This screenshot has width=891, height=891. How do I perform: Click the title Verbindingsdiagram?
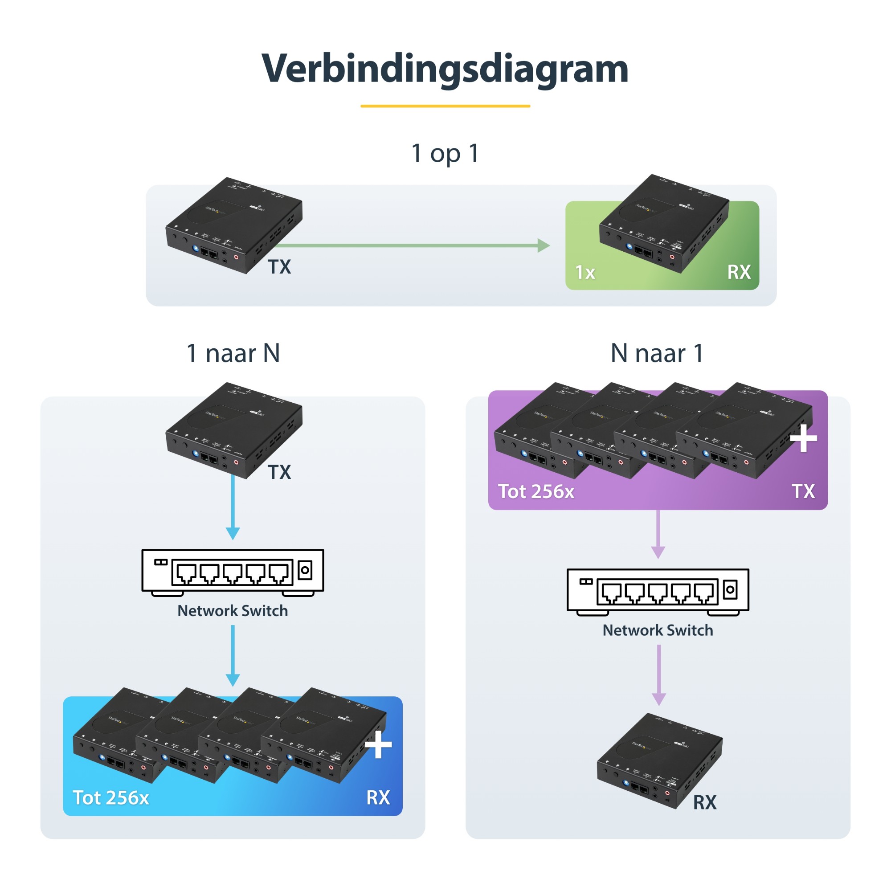click(445, 69)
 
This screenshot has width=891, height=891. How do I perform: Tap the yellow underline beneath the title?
click(445, 106)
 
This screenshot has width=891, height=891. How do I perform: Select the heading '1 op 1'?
click(445, 153)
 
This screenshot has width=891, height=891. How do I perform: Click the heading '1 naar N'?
click(233, 353)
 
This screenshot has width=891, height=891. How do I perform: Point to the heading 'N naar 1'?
click(657, 353)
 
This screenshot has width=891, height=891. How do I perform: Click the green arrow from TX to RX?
click(410, 245)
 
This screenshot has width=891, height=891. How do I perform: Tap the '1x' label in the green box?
click(585, 273)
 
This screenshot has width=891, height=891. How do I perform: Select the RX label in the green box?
click(739, 272)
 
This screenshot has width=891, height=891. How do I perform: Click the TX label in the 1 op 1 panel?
click(279, 267)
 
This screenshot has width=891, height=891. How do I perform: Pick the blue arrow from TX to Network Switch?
click(233, 507)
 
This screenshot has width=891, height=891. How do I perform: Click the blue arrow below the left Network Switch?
click(233, 655)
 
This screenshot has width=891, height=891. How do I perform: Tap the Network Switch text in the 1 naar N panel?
click(233, 611)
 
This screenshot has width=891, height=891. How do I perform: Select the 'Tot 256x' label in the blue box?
click(110, 797)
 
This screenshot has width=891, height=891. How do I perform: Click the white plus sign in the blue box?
click(378, 744)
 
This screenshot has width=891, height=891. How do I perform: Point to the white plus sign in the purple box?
click(803, 438)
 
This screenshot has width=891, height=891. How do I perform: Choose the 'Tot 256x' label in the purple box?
click(536, 492)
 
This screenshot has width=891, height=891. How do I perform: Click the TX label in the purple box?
click(803, 492)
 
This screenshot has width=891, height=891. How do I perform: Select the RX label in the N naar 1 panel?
click(705, 802)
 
